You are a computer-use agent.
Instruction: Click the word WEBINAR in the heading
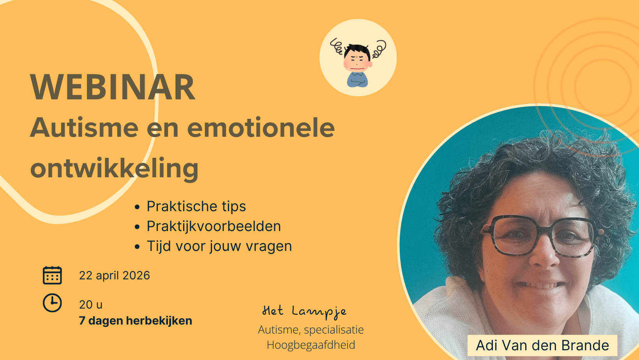(113, 87)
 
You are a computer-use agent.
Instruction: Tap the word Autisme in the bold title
(84, 127)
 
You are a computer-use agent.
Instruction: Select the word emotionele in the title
(261, 127)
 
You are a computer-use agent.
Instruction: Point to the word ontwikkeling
(114, 169)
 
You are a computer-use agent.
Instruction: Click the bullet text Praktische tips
(196, 206)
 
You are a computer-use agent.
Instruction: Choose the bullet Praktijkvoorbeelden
(214, 226)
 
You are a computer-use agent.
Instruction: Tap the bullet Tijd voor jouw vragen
(219, 246)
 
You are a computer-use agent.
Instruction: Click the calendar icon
(52, 275)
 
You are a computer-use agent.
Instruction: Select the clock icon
(52, 303)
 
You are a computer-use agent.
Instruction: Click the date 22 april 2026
(115, 275)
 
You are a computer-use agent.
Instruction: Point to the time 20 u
(91, 305)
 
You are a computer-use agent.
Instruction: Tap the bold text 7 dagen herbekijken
(136, 321)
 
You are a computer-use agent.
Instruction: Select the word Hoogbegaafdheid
(311, 345)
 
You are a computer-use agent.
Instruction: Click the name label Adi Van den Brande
(542, 346)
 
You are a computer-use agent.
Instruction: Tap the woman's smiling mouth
(540, 284)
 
